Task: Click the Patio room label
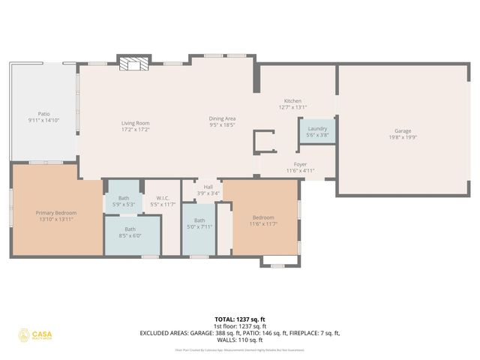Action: (43, 114)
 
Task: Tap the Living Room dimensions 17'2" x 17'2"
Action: (136, 130)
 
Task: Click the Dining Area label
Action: (222, 118)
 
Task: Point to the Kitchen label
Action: (292, 101)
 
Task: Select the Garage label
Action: (402, 132)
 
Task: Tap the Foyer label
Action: (300, 164)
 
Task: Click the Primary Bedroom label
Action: (56, 213)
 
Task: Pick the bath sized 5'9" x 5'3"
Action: (123, 198)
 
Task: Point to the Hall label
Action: (208, 187)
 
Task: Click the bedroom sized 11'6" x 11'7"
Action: (263, 218)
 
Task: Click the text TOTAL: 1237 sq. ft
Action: (239, 319)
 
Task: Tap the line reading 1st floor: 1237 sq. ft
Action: (239, 325)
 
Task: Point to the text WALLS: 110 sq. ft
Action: (239, 340)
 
